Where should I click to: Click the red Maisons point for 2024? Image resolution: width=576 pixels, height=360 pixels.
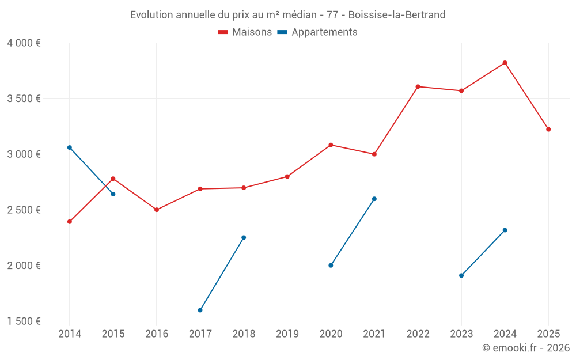(x=505, y=63)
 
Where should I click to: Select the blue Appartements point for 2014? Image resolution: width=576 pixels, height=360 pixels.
(x=70, y=147)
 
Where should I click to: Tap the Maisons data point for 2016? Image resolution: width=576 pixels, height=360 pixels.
(x=157, y=210)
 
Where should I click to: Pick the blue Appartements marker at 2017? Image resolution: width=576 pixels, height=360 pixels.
(x=200, y=310)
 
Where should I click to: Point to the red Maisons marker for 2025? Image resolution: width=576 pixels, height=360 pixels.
(x=548, y=130)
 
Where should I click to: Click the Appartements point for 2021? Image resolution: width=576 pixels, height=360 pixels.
(x=374, y=199)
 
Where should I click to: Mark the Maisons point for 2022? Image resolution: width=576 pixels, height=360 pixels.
(x=418, y=86)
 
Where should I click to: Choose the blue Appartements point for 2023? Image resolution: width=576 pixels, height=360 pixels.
(x=461, y=275)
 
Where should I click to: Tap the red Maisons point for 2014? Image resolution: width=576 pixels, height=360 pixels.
(x=70, y=222)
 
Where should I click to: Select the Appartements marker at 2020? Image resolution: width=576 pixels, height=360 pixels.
(x=331, y=266)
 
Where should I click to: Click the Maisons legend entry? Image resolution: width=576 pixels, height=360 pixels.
(x=245, y=32)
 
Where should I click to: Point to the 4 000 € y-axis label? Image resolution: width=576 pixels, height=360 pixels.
(x=24, y=43)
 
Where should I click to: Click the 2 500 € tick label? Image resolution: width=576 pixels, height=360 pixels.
(x=24, y=210)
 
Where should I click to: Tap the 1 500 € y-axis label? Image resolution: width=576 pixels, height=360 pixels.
(x=24, y=321)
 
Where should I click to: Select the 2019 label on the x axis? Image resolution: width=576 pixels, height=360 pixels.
(x=287, y=334)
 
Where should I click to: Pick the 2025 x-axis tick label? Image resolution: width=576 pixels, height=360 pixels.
(x=548, y=334)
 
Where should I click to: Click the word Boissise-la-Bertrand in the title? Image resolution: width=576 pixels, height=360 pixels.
(x=397, y=15)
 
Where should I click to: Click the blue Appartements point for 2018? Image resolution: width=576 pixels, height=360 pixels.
(x=244, y=237)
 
